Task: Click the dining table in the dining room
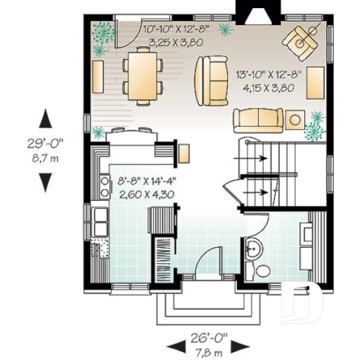pyautogui.click(x=143, y=74)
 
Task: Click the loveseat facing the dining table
pyautogui.click(x=210, y=80)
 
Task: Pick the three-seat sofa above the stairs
pyautogui.click(x=258, y=119)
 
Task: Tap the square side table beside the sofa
pyautogui.click(x=295, y=119)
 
